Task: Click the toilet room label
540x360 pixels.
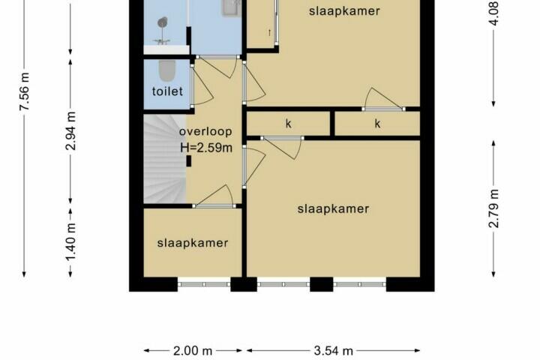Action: pos(167,91)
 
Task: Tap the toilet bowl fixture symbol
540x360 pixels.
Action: pos(167,70)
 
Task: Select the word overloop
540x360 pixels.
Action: pos(205,131)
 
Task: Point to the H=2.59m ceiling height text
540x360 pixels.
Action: pos(206,148)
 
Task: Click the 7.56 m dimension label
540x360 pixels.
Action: pos(25,91)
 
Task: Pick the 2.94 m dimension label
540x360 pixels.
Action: pos(70,131)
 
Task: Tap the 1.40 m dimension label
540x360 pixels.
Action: pos(70,242)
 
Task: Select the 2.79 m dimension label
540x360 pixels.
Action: pos(493,208)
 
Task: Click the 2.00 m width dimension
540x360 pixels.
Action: pos(193,351)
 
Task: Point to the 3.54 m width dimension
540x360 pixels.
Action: pos(333,351)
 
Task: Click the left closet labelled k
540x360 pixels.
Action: pos(289,123)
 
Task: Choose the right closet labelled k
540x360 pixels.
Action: pos(377,123)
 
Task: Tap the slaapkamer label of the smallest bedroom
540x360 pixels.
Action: pos(193,243)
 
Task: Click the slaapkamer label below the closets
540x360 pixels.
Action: pos(333,208)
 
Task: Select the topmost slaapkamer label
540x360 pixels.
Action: pos(344,11)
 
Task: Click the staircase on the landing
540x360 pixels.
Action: pos(164,159)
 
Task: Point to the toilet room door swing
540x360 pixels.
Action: pos(202,85)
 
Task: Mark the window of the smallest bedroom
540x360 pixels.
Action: pos(204,284)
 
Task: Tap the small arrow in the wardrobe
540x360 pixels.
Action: pos(269,33)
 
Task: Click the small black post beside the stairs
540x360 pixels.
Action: pos(189,161)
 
